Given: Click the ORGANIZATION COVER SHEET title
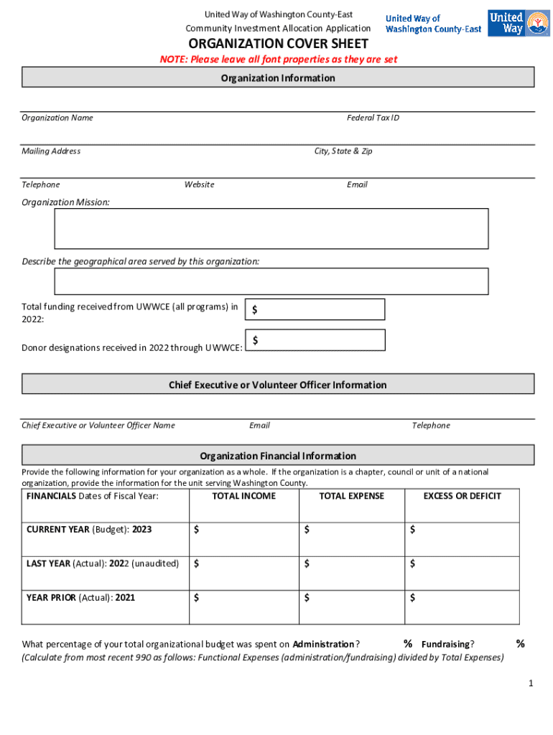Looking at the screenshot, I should [x=278, y=45].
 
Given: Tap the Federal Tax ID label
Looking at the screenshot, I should [x=373, y=118].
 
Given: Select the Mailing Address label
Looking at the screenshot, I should [x=51, y=151].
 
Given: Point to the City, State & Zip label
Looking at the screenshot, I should [x=343, y=151].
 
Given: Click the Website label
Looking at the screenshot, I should [x=199, y=185].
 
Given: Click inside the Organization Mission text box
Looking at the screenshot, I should [x=271, y=228].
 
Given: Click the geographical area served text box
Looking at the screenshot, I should [x=271, y=281].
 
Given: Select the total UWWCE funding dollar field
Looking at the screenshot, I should [x=316, y=309].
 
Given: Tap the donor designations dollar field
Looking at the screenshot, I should [x=316, y=340].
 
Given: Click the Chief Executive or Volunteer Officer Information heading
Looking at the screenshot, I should [x=278, y=385].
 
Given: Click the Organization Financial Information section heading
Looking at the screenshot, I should [x=278, y=456].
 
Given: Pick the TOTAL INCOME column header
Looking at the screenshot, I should [x=244, y=496].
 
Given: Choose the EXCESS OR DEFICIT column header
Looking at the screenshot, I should [x=462, y=496].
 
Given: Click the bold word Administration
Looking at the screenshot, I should [x=323, y=645].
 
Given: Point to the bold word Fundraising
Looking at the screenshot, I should [x=445, y=645].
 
